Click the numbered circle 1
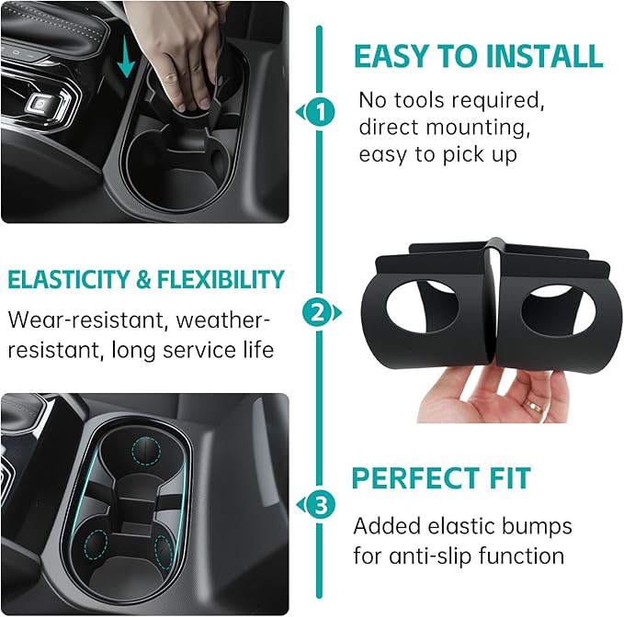point(319,113)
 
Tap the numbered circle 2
point(319,313)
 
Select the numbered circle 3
point(319,504)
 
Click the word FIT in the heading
point(508,478)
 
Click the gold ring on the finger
point(534,404)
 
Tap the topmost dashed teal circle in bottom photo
point(144,450)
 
